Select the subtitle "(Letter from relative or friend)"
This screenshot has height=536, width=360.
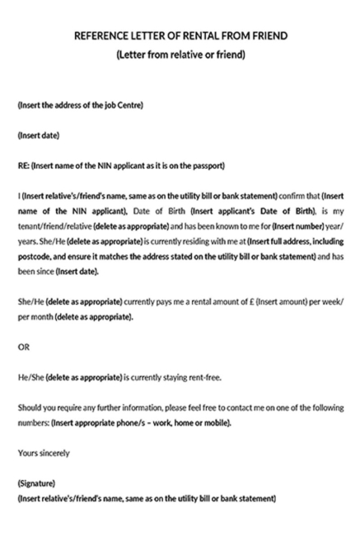click(x=180, y=55)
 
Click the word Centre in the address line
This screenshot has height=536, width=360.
click(x=129, y=105)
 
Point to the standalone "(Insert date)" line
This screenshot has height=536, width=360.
click(x=38, y=135)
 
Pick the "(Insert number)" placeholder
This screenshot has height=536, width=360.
click(x=303, y=226)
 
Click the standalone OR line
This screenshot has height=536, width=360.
click(x=23, y=347)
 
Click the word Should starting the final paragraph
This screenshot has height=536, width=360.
click(x=30, y=408)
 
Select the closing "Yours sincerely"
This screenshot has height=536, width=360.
click(x=44, y=453)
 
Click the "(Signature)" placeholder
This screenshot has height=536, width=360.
click(x=36, y=483)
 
